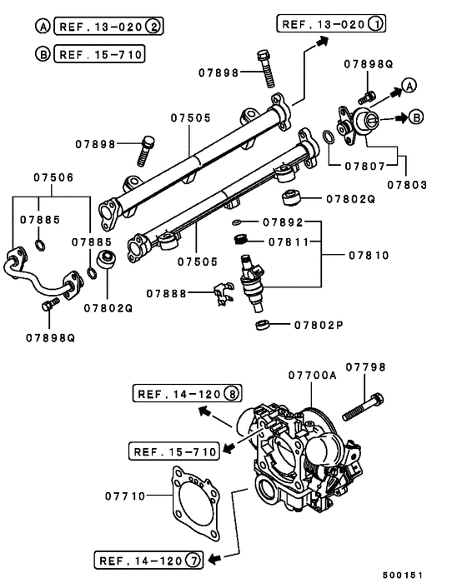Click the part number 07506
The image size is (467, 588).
click(x=53, y=177)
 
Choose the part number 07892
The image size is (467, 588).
click(x=282, y=222)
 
